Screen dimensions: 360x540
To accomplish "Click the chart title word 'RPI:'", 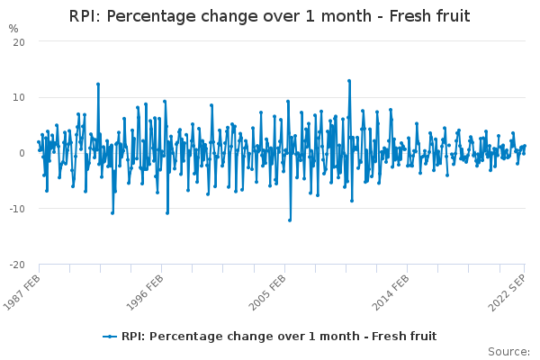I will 88,17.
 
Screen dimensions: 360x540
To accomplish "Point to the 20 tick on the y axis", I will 18,42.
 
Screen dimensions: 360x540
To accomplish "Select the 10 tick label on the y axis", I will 18,98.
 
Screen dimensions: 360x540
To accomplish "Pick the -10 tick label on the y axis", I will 16,210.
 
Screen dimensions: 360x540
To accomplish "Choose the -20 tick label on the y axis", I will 16,265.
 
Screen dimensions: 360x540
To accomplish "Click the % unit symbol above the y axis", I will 13,29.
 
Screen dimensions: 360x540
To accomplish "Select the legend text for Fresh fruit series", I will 279,337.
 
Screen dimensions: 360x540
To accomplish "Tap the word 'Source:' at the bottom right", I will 509,351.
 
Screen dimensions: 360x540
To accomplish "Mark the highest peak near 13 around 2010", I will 349,80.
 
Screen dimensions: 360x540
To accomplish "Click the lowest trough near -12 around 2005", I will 290,220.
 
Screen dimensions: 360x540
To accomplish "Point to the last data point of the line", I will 525,146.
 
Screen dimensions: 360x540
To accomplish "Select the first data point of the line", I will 38,141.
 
